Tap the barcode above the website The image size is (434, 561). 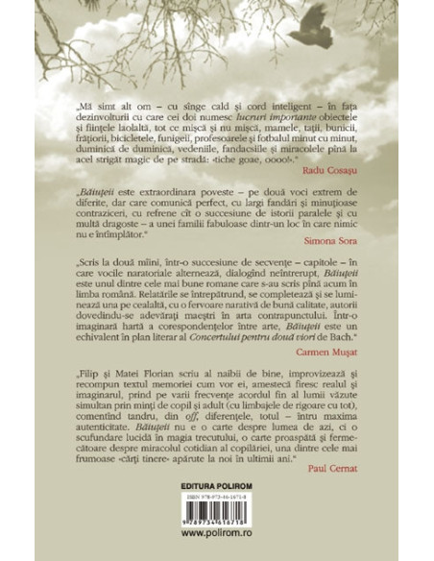(x=216, y=518)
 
